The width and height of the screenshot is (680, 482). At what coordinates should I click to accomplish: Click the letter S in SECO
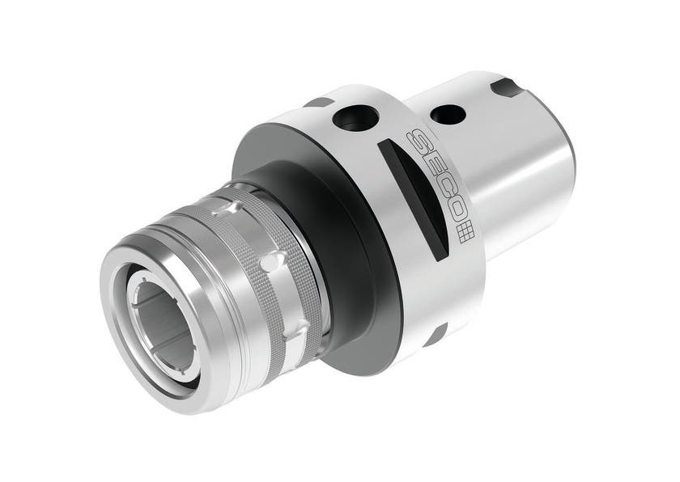click(x=415, y=137)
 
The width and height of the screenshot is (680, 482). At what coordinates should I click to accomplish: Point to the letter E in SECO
click(x=427, y=159)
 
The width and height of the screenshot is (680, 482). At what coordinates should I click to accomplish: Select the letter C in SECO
click(x=440, y=183)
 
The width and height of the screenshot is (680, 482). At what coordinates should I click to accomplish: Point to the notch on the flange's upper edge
click(x=318, y=103)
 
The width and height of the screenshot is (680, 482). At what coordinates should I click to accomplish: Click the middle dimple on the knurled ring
click(x=274, y=262)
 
